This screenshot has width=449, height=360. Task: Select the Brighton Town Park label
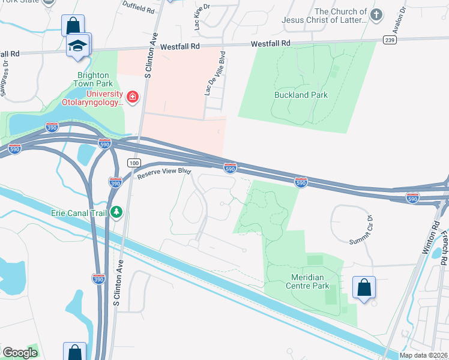93,79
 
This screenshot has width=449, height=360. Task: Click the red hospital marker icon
132,96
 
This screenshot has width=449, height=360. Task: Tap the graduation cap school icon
77,46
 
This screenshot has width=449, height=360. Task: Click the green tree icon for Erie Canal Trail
116,212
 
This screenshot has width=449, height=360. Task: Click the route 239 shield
390,40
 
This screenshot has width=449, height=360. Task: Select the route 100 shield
133,163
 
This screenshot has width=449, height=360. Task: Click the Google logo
20,353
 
